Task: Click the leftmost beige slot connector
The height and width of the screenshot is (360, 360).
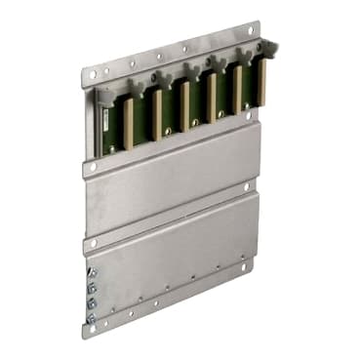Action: coord(128,123)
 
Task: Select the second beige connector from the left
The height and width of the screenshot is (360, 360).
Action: coord(156,112)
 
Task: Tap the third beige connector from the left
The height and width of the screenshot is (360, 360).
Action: coord(182,105)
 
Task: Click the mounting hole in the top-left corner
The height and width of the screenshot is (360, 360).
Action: coord(91,75)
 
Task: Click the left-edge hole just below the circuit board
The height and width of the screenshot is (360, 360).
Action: coord(93,167)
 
